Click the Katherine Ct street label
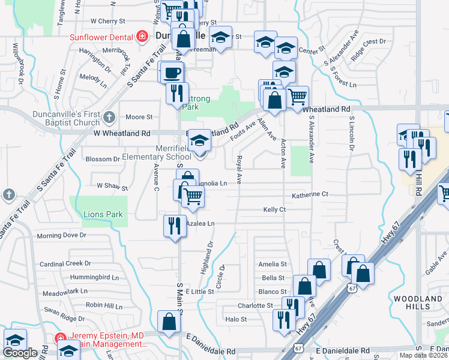(310, 194)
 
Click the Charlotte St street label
(255, 305)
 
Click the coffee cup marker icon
(173, 73)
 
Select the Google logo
(20, 353)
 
